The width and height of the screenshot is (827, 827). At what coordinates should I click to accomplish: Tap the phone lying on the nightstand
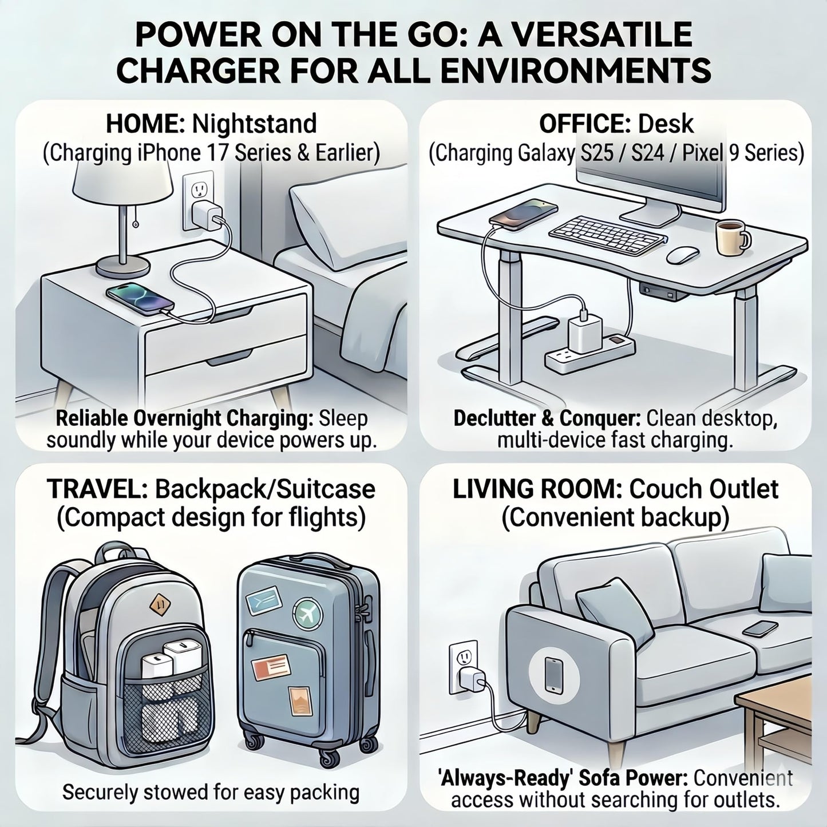pos(140,298)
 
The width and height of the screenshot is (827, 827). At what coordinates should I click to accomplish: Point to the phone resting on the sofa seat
pos(759,629)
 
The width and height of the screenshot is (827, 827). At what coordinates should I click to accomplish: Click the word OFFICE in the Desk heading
pos(585,124)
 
